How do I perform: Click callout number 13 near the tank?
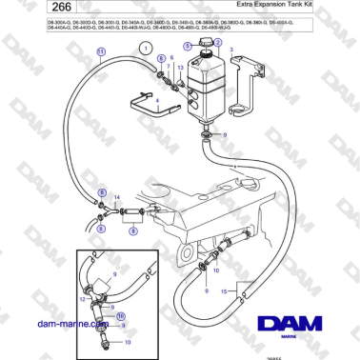pyautogui.click(x=181, y=68)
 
